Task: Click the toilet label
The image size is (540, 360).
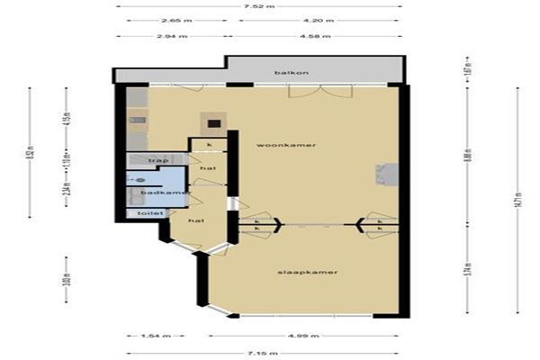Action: [144, 213]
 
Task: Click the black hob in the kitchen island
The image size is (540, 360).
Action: [213, 125]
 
